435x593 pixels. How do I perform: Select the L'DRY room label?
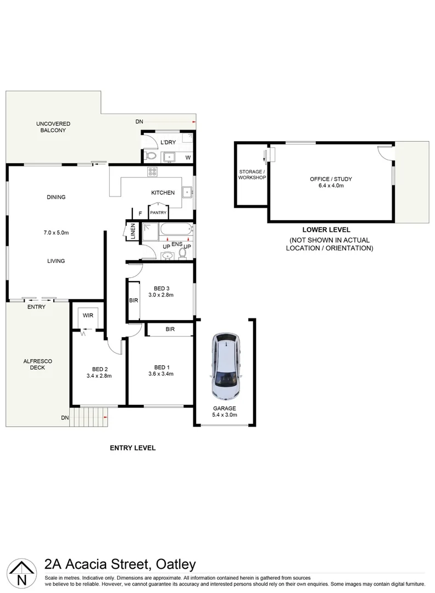click(167, 143)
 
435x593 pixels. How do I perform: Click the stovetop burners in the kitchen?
click(153, 172)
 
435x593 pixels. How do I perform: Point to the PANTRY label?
click(158, 212)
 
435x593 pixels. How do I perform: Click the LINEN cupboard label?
click(132, 230)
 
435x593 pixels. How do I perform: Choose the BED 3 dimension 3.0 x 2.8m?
click(161, 294)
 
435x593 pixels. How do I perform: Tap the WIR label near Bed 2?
click(88, 315)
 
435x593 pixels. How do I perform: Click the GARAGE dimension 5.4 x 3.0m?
click(224, 415)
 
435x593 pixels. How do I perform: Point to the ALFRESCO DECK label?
click(34, 364)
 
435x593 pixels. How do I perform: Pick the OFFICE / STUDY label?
click(331, 179)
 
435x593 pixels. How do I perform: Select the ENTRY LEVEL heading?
click(132, 448)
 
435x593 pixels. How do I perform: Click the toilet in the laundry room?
click(152, 156)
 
